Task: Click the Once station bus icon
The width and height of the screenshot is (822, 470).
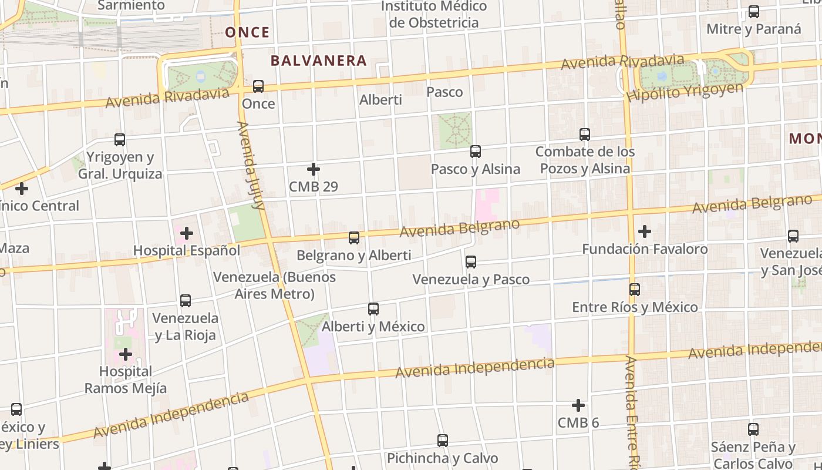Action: [x=258, y=86]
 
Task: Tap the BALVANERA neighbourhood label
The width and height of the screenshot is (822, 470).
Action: [x=318, y=61]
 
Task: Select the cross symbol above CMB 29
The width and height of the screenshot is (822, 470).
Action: [x=314, y=169]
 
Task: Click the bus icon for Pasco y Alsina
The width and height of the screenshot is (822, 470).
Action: [x=476, y=152]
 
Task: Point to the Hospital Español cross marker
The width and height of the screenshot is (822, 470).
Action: [x=187, y=233]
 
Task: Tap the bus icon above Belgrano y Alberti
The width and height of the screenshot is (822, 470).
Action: [x=353, y=238]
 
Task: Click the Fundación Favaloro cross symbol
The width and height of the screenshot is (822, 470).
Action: [x=645, y=231]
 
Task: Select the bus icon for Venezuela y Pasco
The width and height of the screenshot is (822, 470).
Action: [x=471, y=262]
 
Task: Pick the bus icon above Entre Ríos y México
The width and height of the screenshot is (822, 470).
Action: [x=635, y=290]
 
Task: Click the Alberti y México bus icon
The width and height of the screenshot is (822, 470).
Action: [x=373, y=309]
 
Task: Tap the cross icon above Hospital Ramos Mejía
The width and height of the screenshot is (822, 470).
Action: [x=126, y=354]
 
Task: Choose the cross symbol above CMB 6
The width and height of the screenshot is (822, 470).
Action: [x=578, y=405]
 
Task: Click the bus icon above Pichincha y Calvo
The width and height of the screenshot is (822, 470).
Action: [x=443, y=441]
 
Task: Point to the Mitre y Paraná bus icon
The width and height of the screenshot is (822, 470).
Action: [x=754, y=12]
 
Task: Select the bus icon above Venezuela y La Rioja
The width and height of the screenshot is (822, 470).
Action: [x=186, y=301]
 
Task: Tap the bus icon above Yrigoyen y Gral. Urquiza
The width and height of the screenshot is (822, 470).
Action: [x=120, y=140]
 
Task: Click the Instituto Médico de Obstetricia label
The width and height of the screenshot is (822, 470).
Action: [x=434, y=15]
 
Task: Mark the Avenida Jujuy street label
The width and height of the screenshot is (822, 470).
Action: [x=251, y=166]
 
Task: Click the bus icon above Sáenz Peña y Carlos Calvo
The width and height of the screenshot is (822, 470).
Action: [x=753, y=429]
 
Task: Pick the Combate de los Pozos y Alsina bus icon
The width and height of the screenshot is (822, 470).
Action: [x=585, y=135]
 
